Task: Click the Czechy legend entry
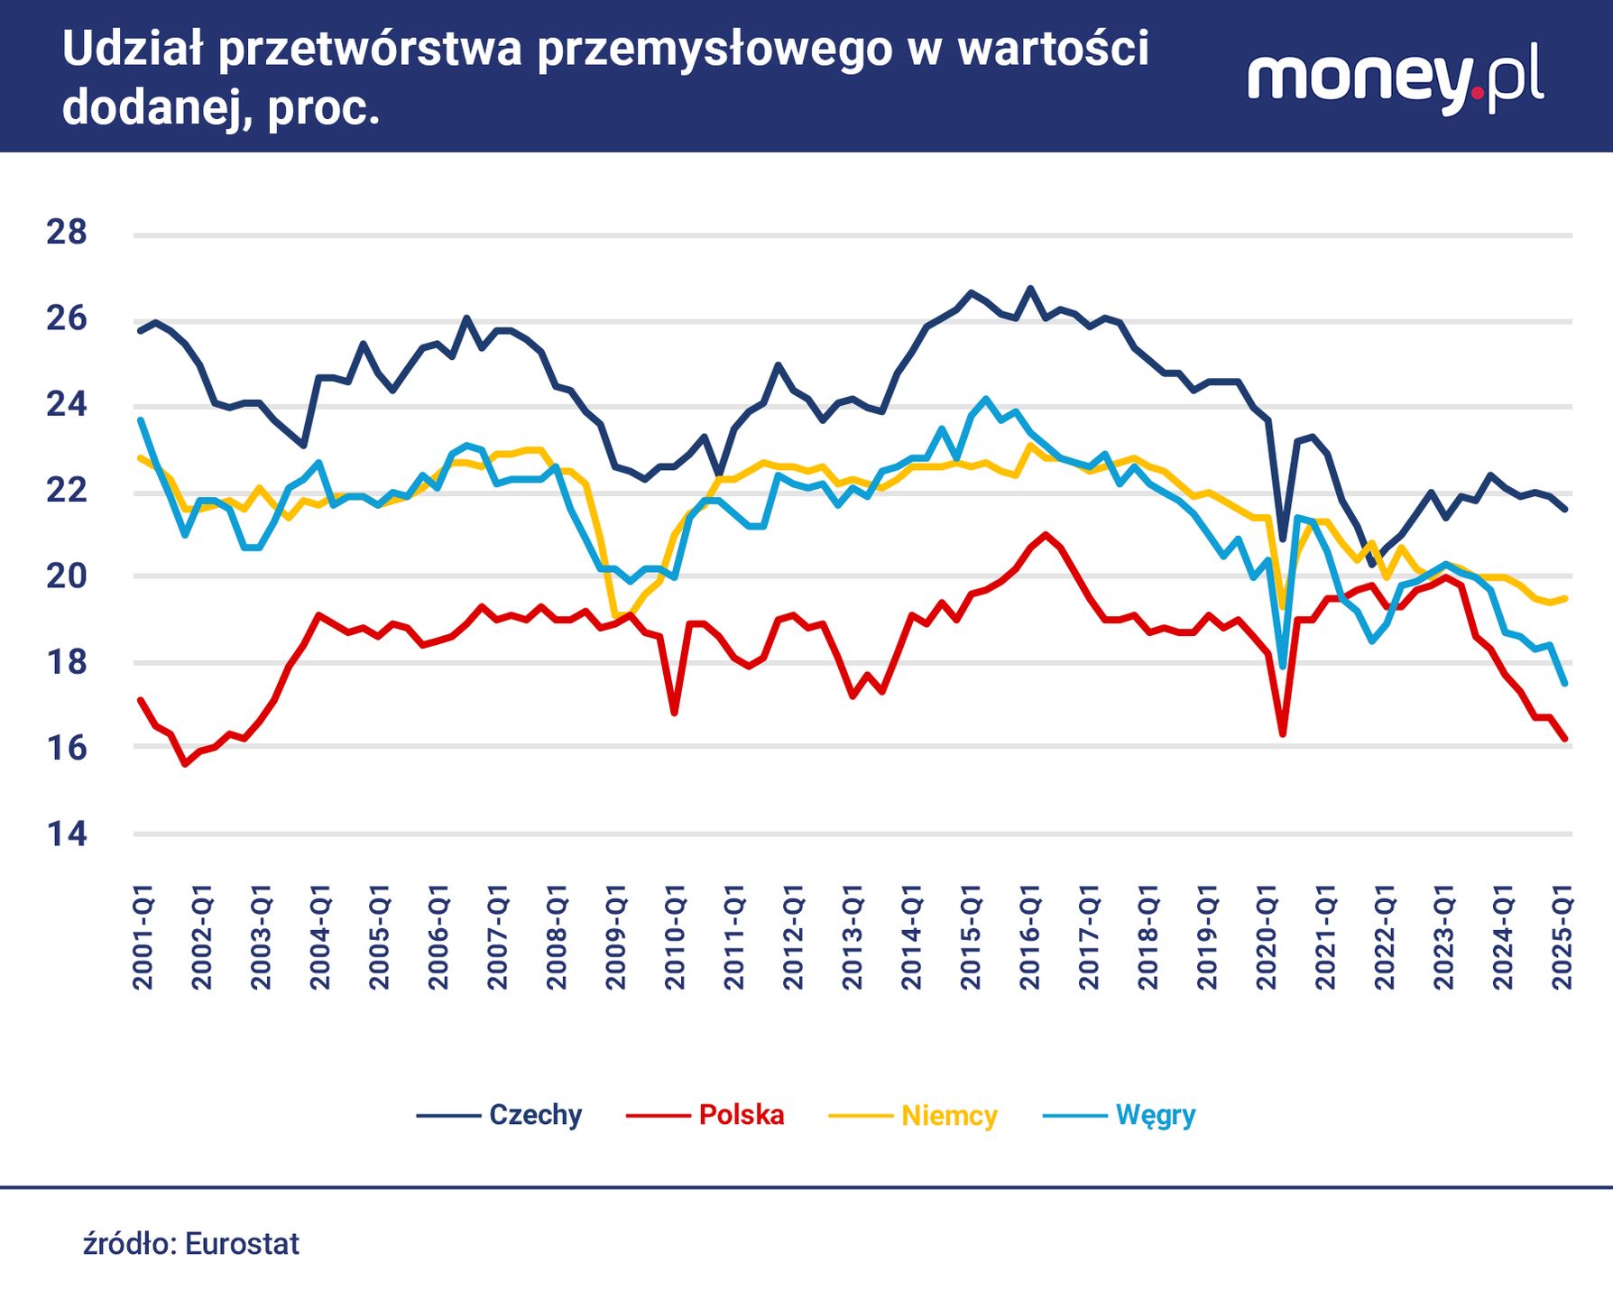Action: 534,1115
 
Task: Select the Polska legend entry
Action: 741,1115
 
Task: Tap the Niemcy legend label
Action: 949,1116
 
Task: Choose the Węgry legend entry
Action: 1155,1115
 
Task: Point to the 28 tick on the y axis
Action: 67,233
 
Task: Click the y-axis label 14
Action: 67,834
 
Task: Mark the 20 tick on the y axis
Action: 67,576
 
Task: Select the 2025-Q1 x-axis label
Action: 1562,938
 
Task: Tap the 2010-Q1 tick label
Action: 676,938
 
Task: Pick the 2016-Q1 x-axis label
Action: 1030,938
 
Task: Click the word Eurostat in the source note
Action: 242,1244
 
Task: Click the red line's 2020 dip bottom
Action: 1283,733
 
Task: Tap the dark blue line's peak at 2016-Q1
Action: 1030,289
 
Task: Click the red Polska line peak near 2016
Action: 1046,534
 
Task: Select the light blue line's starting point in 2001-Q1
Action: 141,420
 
